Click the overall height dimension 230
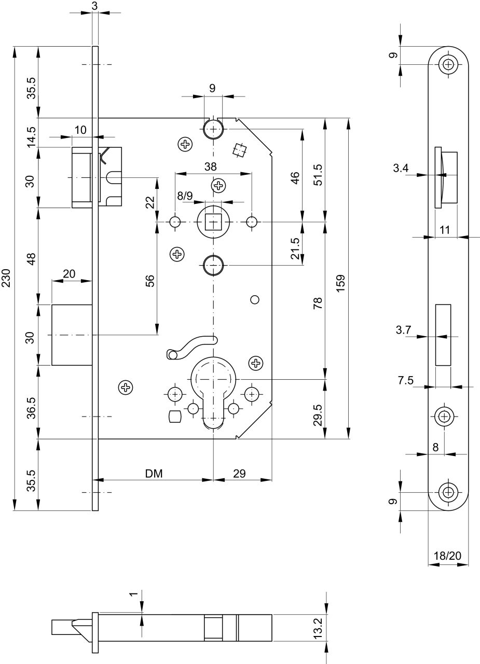[x=6, y=278]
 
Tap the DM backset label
[x=154, y=474]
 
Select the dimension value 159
[x=340, y=283]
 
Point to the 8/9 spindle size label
[x=185, y=196]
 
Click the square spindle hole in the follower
[x=213, y=222]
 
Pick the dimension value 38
[x=211, y=167]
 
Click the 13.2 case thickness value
[x=318, y=628]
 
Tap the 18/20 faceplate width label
[x=448, y=555]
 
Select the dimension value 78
[x=318, y=303]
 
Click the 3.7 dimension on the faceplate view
[x=403, y=329]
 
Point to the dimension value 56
[x=150, y=281]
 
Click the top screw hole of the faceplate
[x=448, y=64]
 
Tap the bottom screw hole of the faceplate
[x=448, y=492]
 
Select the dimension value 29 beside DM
[x=239, y=474]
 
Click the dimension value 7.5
[x=406, y=380]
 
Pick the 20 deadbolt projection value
[x=69, y=273]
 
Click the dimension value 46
[x=295, y=178]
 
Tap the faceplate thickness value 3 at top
[x=94, y=6]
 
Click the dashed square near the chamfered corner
[x=240, y=150]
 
